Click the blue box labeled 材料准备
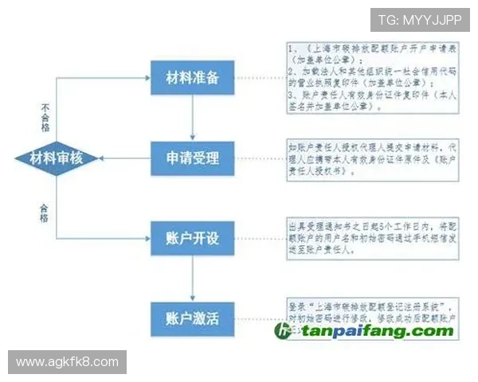click(x=192, y=78)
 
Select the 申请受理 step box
click(x=192, y=157)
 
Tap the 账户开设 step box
click(x=192, y=238)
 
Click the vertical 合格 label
click(x=45, y=211)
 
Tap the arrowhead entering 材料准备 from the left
click(x=146, y=78)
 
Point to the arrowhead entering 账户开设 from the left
click(x=146, y=238)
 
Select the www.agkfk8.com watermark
click(x=67, y=362)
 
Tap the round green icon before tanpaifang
click(x=284, y=331)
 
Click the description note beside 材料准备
click(x=372, y=78)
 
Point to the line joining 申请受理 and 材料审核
click(x=119, y=157)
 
